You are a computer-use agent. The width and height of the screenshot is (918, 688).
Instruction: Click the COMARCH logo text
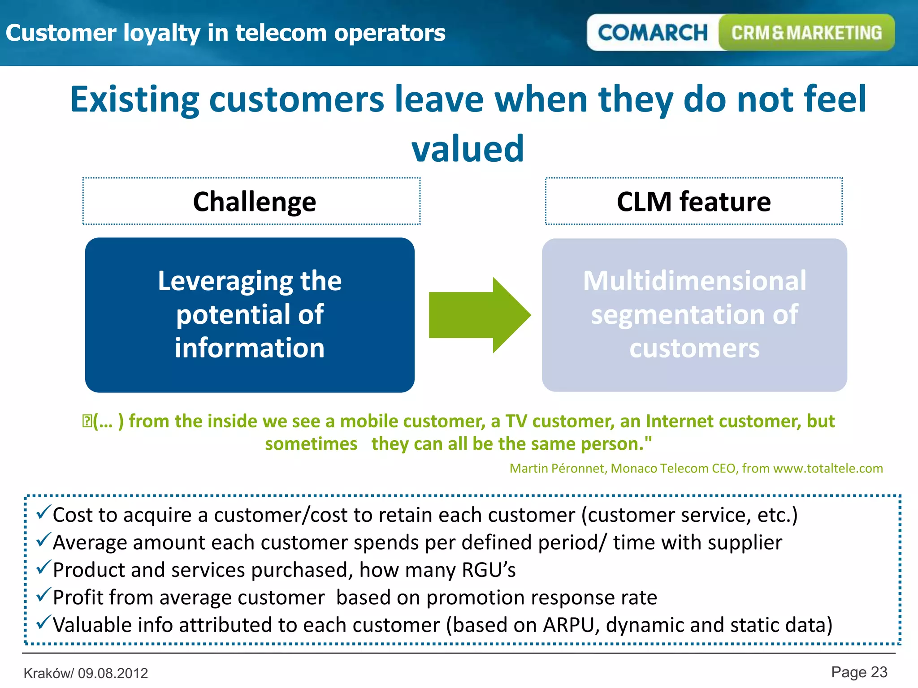(x=652, y=33)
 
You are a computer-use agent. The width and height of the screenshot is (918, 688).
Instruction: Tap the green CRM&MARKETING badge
(x=806, y=33)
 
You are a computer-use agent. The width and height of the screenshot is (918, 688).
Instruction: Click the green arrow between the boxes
(x=479, y=315)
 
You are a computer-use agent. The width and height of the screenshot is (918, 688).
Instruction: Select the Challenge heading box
(x=251, y=201)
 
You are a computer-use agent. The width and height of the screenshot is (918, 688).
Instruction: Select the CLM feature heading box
(x=693, y=201)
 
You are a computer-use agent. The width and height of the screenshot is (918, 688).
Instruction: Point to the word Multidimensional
(x=694, y=281)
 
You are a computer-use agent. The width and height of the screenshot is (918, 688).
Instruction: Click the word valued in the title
(x=468, y=149)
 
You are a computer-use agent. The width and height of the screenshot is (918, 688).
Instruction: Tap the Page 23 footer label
(x=859, y=672)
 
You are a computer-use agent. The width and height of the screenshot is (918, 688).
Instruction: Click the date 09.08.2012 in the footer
(x=113, y=673)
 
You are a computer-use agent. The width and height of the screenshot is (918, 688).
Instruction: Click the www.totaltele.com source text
(x=828, y=469)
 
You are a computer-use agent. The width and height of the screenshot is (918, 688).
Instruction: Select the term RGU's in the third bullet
(x=489, y=570)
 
